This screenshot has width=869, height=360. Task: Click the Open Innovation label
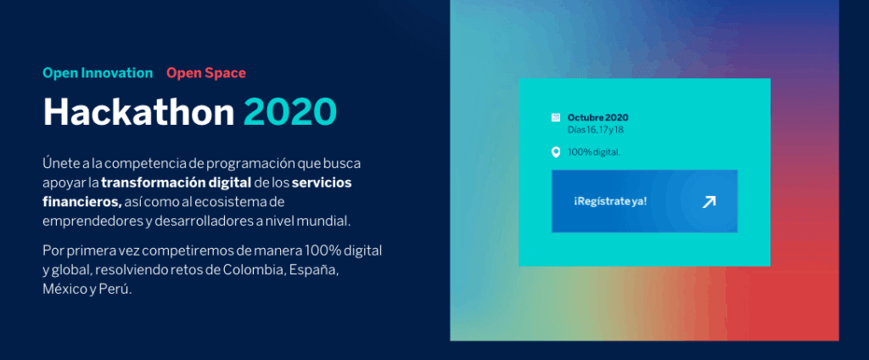tap(98, 73)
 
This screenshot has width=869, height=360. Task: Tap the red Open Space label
tap(206, 73)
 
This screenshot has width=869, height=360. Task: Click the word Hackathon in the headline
tap(139, 112)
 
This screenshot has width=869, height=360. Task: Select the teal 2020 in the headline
tap(290, 112)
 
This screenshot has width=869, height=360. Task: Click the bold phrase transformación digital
tap(177, 183)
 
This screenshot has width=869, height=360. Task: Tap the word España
tap(314, 271)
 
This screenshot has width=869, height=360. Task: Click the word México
tap(62, 290)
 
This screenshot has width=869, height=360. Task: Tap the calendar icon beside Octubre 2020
tap(556, 118)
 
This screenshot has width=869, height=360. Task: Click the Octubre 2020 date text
tap(598, 118)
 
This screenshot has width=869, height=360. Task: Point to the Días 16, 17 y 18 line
tap(591, 130)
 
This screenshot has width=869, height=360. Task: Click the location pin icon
tap(556, 152)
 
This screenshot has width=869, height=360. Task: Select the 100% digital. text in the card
tap(594, 152)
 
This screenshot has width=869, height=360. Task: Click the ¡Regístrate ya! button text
tap(610, 201)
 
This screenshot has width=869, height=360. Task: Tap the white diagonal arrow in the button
tap(709, 202)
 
